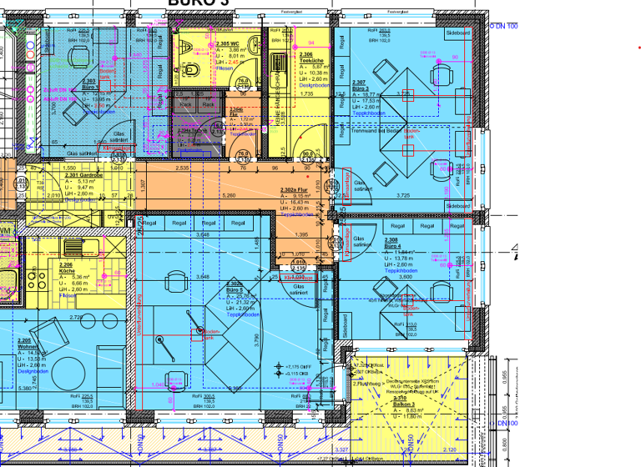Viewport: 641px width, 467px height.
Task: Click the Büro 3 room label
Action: (361, 87)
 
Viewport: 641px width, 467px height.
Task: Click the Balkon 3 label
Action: (406, 403)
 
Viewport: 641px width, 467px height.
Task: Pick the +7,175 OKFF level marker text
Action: (298, 367)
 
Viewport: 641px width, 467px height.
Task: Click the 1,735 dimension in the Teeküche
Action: (305, 94)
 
